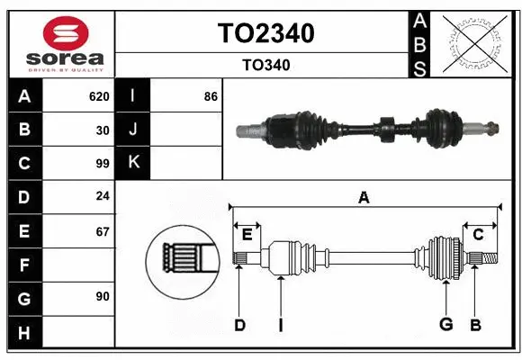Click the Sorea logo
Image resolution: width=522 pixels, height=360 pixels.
click(x=61, y=45)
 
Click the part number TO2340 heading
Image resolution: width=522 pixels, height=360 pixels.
click(x=265, y=33)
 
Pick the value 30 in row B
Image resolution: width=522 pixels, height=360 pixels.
click(x=102, y=130)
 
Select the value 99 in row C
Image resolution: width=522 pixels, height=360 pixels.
click(x=102, y=164)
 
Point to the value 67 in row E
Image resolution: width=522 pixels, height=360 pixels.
click(x=102, y=231)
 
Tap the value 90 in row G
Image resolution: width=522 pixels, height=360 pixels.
click(x=102, y=296)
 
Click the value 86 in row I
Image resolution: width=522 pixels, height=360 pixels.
click(x=211, y=96)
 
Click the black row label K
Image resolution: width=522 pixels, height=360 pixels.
click(x=133, y=163)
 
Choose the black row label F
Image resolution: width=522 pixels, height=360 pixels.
click(x=24, y=265)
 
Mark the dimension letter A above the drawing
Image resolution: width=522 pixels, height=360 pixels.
click(x=364, y=198)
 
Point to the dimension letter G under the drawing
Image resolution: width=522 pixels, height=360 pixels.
click(x=445, y=325)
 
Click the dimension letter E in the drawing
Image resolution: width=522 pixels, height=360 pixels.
click(x=247, y=234)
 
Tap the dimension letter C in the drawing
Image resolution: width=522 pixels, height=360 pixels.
click(x=479, y=234)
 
